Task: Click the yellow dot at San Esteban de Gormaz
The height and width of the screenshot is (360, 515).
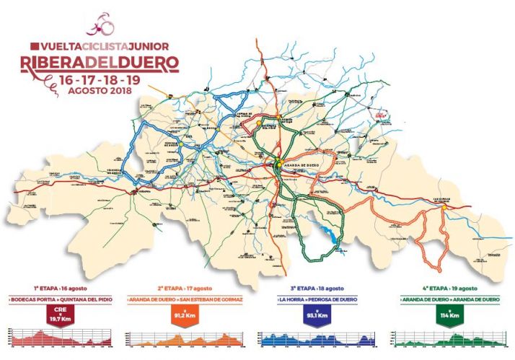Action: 445,207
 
